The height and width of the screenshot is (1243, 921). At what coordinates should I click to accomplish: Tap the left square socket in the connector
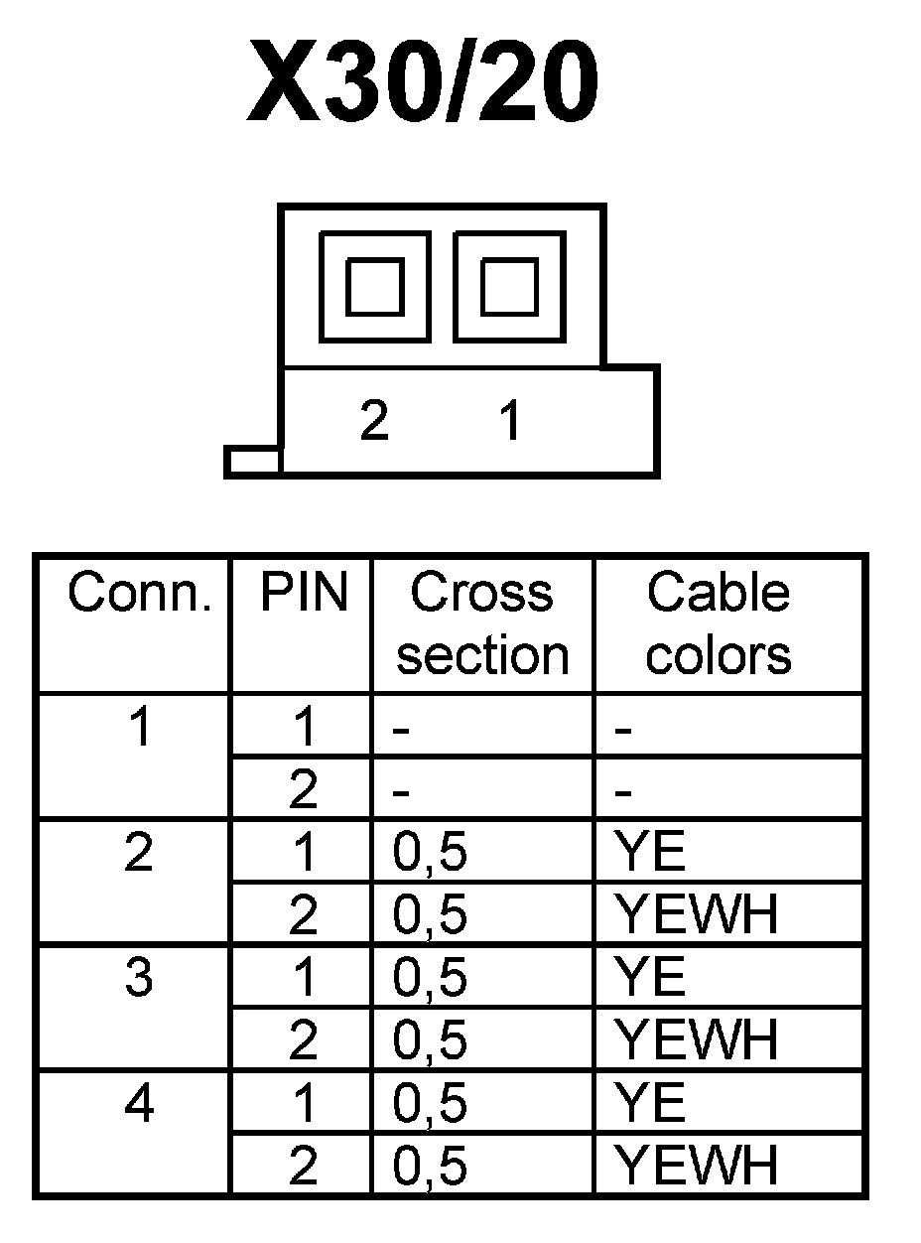pos(375,286)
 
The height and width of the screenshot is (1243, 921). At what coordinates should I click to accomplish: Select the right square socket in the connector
pos(509,286)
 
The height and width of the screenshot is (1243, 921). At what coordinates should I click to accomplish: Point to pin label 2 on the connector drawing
pos(374,422)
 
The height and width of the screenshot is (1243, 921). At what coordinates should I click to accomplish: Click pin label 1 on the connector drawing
pos(510,422)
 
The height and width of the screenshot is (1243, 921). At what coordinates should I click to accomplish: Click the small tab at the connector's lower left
pos(253,462)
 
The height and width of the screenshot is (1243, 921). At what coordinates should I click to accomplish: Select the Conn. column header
pos(140,594)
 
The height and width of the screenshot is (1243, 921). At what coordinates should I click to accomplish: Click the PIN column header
pos(304,594)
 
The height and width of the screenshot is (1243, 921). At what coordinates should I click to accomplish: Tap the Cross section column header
pos(483,623)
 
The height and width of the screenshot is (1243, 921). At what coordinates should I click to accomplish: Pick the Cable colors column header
pos(719,623)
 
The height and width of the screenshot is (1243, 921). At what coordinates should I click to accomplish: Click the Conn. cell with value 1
pos(140,728)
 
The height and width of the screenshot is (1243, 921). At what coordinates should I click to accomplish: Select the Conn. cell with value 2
pos(140,853)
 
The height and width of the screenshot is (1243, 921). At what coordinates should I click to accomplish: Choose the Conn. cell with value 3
pos(140,978)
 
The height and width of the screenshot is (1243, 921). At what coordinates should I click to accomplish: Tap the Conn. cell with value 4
pos(140,1103)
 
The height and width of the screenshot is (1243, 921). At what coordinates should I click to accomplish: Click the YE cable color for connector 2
pos(650,853)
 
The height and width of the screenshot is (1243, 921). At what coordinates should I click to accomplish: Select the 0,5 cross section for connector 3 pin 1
pos(431,979)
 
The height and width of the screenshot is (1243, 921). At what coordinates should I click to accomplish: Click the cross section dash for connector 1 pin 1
pos(401,731)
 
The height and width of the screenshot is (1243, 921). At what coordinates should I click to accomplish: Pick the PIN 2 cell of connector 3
pos(304,1040)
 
